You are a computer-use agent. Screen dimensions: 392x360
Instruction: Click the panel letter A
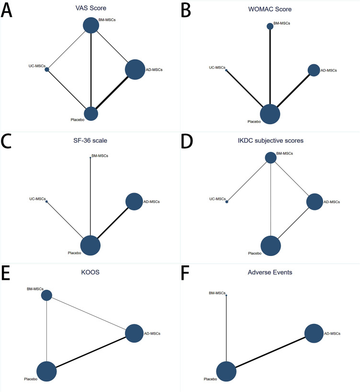tap(9, 11)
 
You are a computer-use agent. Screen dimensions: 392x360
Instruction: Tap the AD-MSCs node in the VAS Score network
tap(135, 69)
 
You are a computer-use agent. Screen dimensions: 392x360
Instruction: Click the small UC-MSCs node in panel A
tap(47, 69)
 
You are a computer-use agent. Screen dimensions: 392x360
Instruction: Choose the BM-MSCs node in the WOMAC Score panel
tap(270, 26)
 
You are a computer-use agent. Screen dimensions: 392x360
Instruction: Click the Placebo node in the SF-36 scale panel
tap(90, 245)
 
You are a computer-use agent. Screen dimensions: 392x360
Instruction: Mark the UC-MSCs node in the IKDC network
tap(227, 202)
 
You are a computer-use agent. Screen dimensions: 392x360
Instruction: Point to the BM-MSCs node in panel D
tap(270, 157)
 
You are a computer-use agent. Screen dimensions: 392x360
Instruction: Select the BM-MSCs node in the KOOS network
tap(46, 295)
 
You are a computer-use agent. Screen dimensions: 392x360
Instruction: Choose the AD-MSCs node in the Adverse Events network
tap(314, 334)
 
